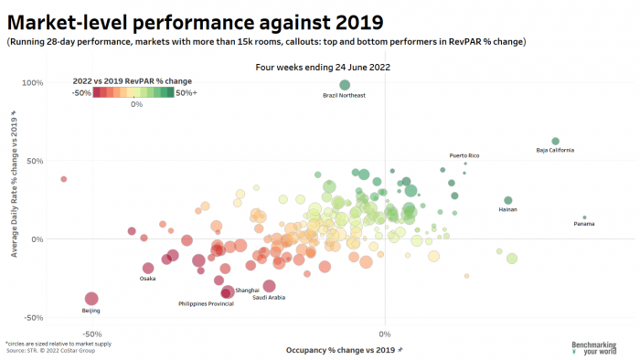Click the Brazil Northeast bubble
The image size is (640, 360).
pyautogui.click(x=345, y=85)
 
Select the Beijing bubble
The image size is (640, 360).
pyautogui.click(x=91, y=299)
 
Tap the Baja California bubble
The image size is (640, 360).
pyautogui.click(x=555, y=141)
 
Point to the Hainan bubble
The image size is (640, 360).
pyautogui.click(x=508, y=200)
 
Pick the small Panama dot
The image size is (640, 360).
pyautogui.click(x=584, y=217)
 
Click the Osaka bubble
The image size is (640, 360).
pyautogui.click(x=148, y=268)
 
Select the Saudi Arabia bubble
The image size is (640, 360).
pyautogui.click(x=269, y=286)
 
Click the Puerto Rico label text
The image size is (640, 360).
pyautogui.click(x=464, y=155)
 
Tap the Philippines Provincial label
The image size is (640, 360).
pyautogui.click(x=206, y=303)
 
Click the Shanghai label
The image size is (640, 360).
pyautogui.click(x=248, y=290)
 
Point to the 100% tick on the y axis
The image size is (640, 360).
pyautogui.click(x=33, y=83)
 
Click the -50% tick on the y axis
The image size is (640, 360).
pyautogui.click(x=33, y=318)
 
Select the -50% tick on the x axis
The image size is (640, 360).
pyautogui.click(x=91, y=334)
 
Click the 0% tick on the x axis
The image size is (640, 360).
pyautogui.click(x=385, y=334)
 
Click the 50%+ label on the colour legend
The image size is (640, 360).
pyautogui.click(x=186, y=92)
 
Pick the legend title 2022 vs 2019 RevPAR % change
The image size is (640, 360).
pyautogui.click(x=133, y=81)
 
